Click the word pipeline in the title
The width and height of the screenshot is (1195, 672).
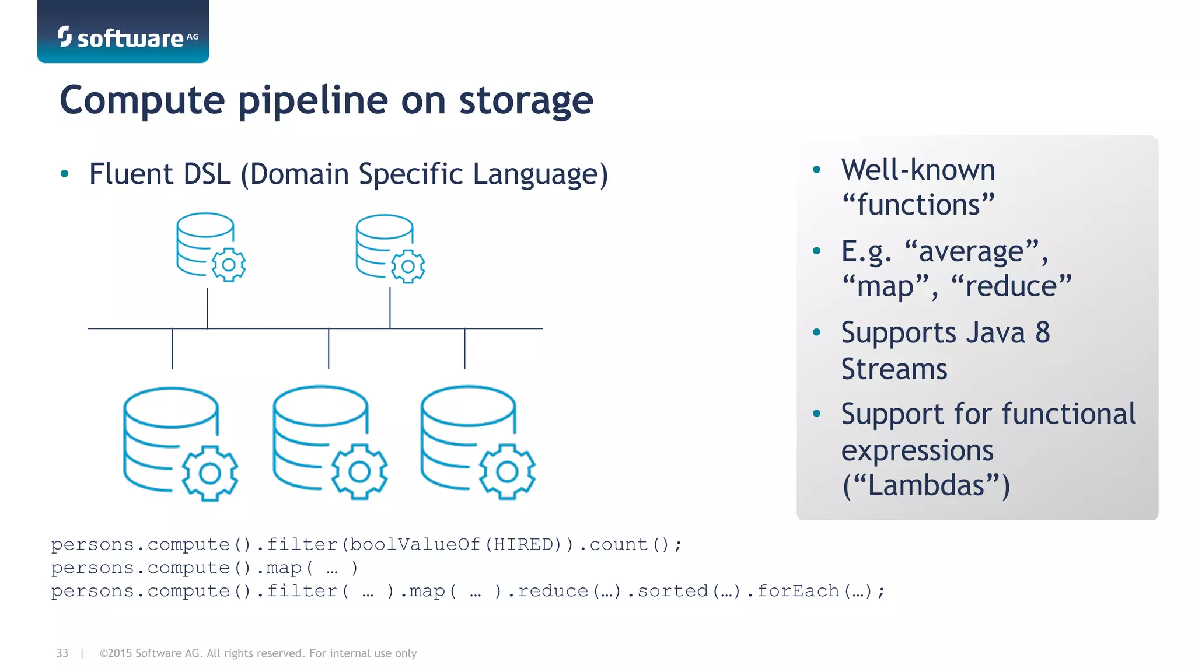tap(313, 100)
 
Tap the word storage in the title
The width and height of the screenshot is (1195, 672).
tap(526, 100)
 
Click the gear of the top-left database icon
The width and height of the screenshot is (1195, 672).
tap(229, 265)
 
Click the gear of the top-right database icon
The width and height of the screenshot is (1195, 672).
tap(408, 267)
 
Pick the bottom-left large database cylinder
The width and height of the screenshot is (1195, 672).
tap(163, 437)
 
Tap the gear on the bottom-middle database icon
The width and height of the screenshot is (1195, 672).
tap(359, 471)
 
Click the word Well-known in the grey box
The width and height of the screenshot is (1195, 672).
tap(918, 170)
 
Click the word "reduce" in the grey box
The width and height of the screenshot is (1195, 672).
tap(1011, 286)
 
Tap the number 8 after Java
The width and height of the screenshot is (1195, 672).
tap(1043, 333)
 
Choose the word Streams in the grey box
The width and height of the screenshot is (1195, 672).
tap(894, 369)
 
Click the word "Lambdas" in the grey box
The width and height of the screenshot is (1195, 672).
tap(926, 485)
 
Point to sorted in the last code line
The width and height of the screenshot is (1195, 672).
tap(672, 591)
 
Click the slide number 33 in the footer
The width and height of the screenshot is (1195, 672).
tap(62, 653)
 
